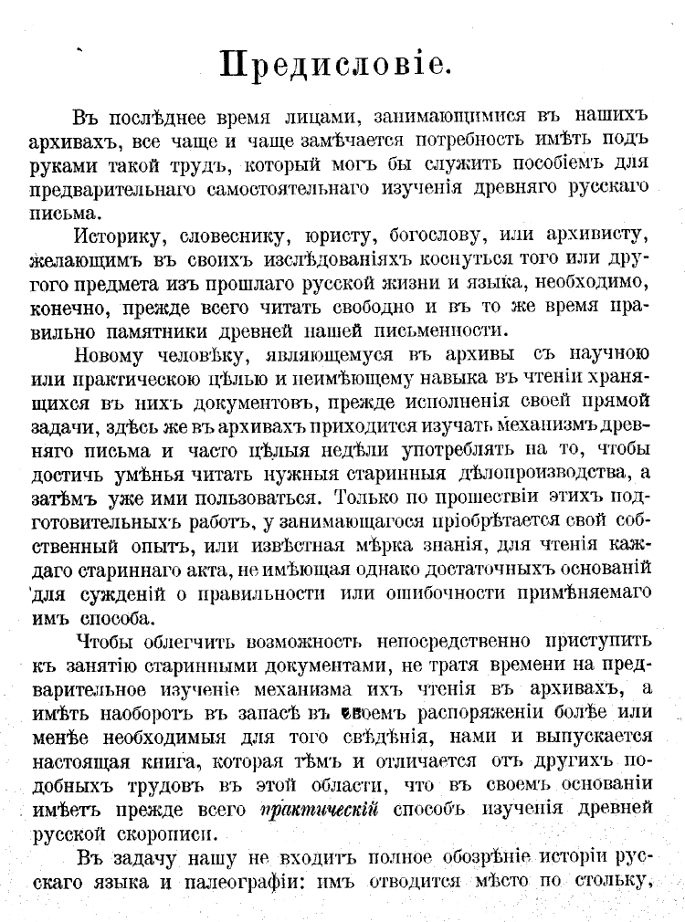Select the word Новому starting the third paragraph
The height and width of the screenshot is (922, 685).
(110, 355)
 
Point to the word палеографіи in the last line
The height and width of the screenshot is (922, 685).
(234, 880)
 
